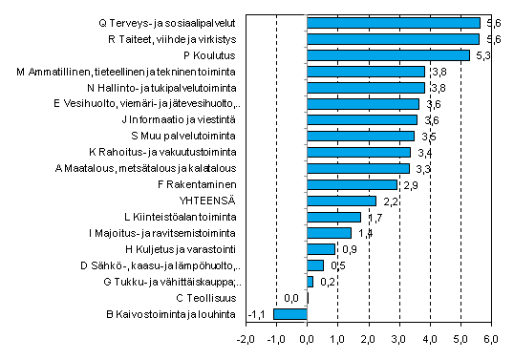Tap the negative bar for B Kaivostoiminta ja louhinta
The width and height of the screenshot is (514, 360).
[290, 313]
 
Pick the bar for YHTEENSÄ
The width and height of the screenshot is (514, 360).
[341, 201]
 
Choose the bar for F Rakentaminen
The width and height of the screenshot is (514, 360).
[352, 184]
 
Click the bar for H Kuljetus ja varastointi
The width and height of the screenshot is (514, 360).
[321, 248]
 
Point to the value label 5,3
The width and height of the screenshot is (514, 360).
[482, 55]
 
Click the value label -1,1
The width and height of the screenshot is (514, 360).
[255, 313]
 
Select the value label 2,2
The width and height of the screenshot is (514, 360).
[390, 201]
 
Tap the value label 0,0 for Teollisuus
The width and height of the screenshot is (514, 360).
[292, 297]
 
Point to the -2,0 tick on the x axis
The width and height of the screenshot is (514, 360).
[246, 339]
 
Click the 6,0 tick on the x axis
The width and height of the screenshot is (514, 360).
[492, 339]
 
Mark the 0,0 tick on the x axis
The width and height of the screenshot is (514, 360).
[308, 339]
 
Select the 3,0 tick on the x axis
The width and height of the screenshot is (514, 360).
[399, 339]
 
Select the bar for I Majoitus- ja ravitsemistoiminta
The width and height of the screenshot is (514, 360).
[329, 232]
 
